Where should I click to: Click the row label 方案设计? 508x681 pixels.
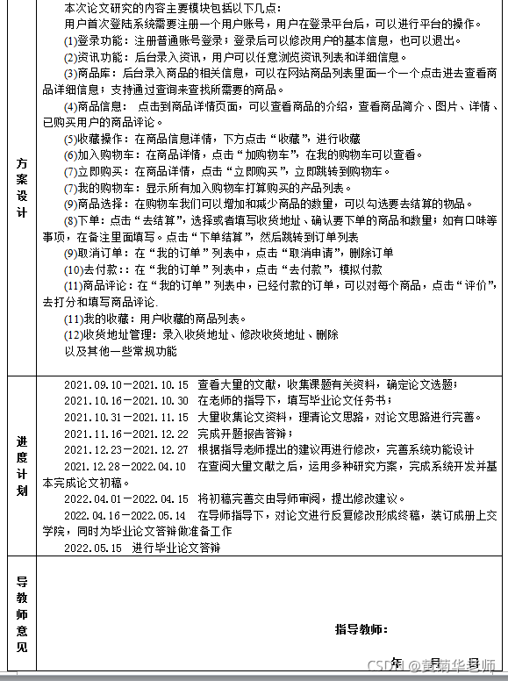click(22, 189)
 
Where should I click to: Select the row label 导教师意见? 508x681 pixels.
click(22, 614)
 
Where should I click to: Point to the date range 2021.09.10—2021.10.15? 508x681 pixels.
click(126, 384)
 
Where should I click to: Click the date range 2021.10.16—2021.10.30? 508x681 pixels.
click(126, 400)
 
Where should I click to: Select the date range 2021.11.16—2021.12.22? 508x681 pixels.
click(126, 434)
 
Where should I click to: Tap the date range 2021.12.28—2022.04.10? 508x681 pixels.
click(125, 466)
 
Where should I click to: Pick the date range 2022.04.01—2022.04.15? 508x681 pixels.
click(126, 498)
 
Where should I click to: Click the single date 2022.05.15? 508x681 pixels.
click(93, 548)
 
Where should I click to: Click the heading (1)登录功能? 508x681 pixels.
click(97, 40)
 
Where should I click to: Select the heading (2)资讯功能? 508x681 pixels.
click(97, 57)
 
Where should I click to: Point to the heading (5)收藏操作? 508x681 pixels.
click(97, 139)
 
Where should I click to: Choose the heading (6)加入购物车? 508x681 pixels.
click(103, 155)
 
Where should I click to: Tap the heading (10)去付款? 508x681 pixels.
click(93, 269)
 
